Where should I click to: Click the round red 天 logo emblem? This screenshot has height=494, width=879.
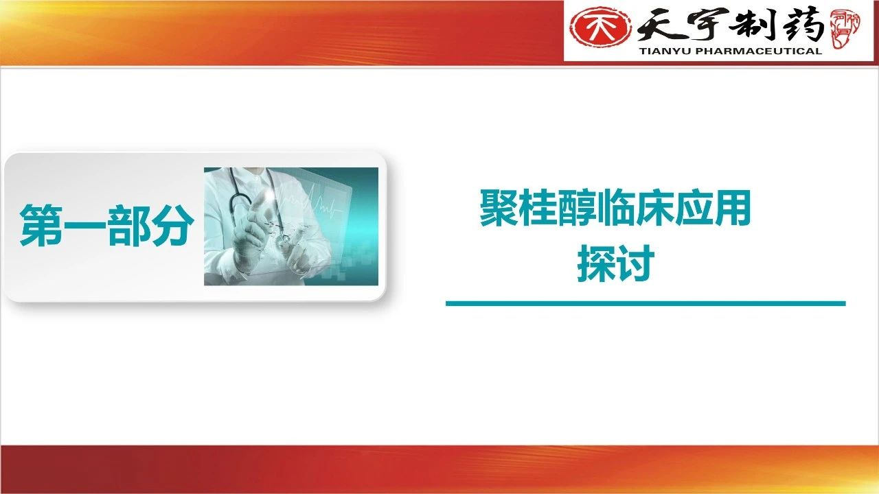[x=600, y=27]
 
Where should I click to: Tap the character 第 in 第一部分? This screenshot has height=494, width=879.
[x=41, y=226]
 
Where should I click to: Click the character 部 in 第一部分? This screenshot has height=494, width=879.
[x=129, y=226]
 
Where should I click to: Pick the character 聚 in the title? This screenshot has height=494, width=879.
[x=499, y=208]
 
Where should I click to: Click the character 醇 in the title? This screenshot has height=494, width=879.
[x=576, y=208]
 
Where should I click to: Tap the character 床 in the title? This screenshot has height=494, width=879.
[x=654, y=208]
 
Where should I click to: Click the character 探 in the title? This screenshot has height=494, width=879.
[x=596, y=263]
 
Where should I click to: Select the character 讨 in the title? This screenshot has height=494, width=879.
[x=635, y=263]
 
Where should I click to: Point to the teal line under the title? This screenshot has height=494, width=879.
[x=646, y=303]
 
